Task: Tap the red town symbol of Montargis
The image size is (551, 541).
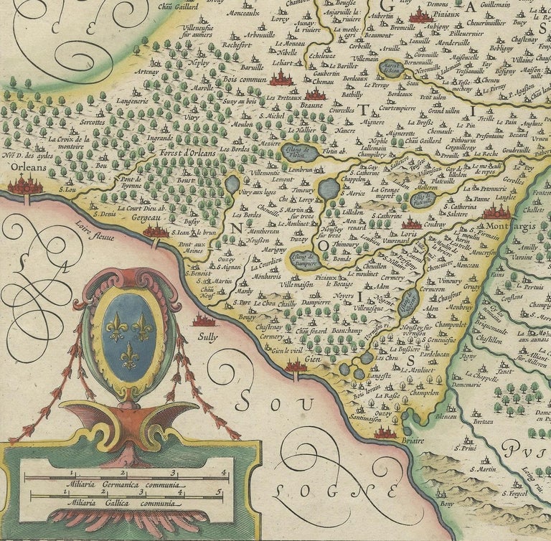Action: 496,212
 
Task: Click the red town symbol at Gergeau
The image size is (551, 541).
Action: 156,231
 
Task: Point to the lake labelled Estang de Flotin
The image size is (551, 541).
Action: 299,151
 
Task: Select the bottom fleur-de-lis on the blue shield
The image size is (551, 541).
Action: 129,355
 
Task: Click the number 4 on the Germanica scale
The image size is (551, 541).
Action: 225,473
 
